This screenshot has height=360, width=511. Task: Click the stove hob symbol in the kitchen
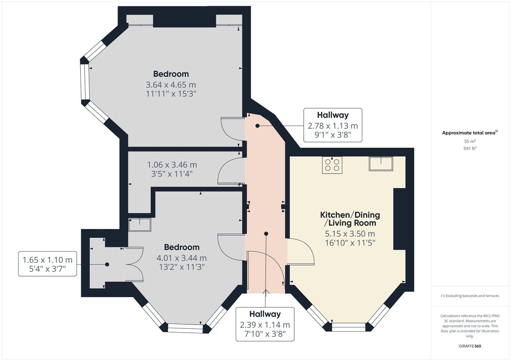332,165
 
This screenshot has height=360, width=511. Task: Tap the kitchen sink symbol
381,163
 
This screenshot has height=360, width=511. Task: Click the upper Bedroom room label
171,74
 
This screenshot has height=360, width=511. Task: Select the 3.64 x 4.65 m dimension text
171,85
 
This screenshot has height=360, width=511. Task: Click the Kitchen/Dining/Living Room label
350,219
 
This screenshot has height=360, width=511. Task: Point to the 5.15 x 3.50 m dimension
350,234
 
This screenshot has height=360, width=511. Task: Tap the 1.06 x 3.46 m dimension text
172,165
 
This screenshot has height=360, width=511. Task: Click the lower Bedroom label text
182,247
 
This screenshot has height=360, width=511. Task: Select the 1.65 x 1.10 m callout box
48,264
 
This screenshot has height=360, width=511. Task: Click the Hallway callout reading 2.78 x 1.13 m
332,125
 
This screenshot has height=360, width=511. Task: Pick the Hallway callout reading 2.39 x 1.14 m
265,324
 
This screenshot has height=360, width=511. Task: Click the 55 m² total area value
470,141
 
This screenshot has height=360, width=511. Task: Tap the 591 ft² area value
470,148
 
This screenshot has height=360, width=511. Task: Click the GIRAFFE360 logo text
470,346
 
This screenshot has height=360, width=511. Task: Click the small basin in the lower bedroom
140,225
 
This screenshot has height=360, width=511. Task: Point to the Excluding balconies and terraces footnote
470,296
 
